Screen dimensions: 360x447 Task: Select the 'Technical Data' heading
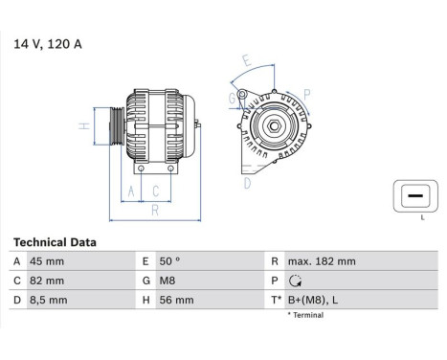click(55, 243)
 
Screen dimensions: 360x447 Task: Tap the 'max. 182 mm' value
click(323, 261)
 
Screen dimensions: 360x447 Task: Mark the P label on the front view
click(306, 93)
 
